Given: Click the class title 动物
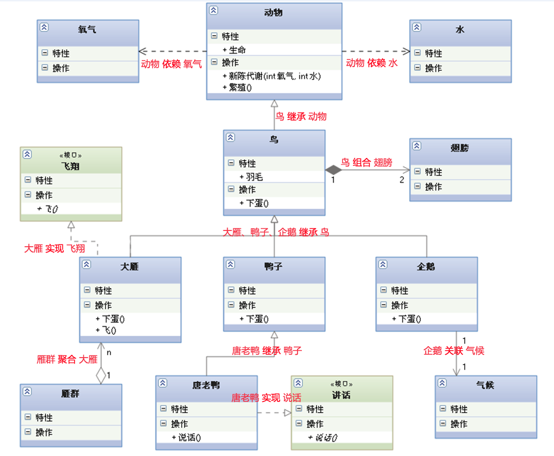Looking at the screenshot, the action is point(273,13).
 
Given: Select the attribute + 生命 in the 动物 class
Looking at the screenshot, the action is point(234,50).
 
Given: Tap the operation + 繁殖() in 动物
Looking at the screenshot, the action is point(237,87).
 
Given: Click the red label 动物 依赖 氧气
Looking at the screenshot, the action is point(172,64).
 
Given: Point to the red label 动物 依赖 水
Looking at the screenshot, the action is point(372,63).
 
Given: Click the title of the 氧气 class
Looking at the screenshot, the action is point(87,29).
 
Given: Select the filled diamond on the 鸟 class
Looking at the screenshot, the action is point(333,170).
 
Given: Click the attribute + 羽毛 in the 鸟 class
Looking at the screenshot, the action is point(251,176).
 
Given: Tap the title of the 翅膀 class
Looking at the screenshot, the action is point(459,148).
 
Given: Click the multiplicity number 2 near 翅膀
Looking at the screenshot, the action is point(402,180).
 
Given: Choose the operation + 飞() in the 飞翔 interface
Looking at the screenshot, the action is point(48,209).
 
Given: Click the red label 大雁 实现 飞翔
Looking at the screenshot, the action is point(55,248).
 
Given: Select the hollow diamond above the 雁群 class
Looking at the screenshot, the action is point(101,375).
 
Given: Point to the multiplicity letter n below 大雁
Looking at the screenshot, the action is point(109,353).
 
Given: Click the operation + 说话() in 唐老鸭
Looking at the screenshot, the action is point(186,438).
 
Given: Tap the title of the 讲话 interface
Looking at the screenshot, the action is point(341,395).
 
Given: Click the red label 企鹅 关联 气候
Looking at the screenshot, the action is point(454,351).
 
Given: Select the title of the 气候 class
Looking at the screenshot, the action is point(485,385).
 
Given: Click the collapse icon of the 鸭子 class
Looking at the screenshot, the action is point(230,264).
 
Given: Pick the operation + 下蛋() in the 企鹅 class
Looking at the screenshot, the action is point(406,319).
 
